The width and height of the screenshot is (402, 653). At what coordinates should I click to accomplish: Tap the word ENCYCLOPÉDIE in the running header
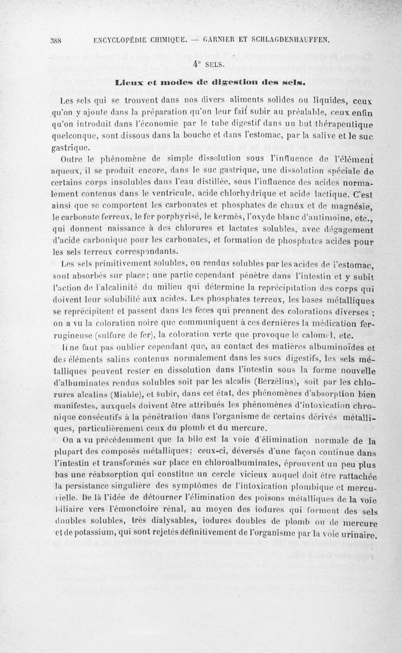click(x=117, y=42)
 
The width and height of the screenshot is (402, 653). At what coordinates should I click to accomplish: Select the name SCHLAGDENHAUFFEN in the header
click(x=285, y=42)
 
